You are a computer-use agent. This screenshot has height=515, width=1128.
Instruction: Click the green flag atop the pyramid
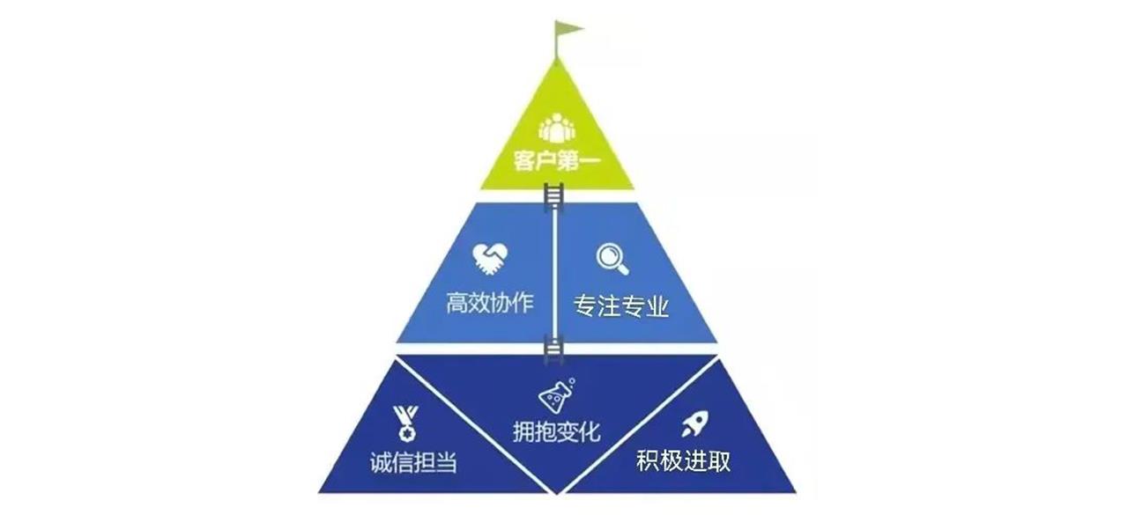tap(569, 29)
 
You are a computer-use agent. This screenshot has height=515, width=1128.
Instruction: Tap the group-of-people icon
tap(556, 128)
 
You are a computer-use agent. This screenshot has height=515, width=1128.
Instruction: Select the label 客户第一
tap(556, 161)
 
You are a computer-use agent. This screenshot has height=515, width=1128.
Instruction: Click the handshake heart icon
tap(489, 259)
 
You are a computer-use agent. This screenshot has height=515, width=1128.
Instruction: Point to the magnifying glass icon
tap(612, 259)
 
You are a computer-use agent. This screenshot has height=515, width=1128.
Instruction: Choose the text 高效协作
tap(489, 303)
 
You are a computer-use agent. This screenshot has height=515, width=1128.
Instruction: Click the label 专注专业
tap(621, 305)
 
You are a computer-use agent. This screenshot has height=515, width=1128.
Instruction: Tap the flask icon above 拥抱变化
tap(556, 396)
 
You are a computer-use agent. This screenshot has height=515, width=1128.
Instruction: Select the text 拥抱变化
tap(556, 431)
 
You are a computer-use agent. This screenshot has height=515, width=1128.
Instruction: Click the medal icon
tap(405, 423)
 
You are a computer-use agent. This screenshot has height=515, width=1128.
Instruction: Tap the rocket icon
tap(695, 423)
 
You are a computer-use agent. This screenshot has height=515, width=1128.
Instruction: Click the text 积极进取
tap(683, 460)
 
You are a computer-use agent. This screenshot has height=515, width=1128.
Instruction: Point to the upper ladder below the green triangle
tap(553, 198)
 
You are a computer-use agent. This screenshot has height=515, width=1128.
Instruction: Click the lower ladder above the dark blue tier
tap(553, 349)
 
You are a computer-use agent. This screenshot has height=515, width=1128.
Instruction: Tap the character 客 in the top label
tap(524, 161)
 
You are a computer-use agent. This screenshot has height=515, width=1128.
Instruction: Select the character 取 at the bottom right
tap(719, 460)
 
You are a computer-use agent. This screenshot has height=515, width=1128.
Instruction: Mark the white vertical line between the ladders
tap(554, 273)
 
